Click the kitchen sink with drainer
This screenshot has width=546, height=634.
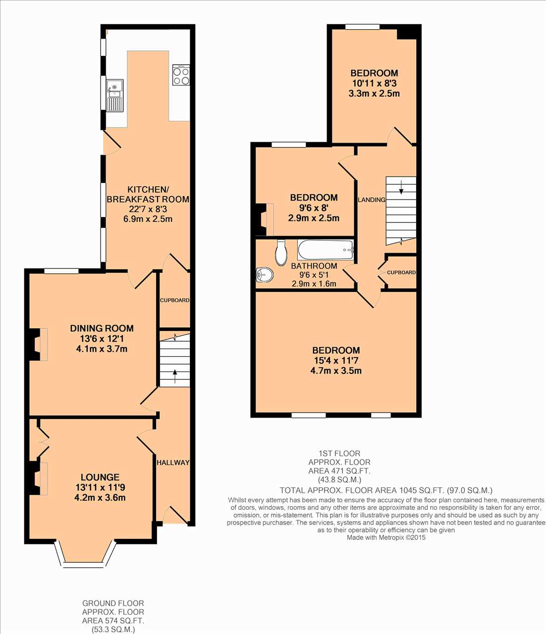[115, 96]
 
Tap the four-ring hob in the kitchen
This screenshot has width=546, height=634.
[181, 74]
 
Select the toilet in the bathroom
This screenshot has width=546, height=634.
[280, 253]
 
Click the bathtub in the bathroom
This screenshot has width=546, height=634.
[326, 249]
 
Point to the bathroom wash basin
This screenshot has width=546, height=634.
[264, 274]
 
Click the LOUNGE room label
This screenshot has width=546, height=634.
[100, 477]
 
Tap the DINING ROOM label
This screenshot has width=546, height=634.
[102, 328]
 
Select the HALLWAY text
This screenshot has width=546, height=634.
[173, 463]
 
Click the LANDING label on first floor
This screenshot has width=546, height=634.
[372, 200]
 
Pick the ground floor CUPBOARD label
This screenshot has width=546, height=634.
[174, 300]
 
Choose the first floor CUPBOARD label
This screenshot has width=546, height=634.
[401, 272]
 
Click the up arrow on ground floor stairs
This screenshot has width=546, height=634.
[175, 376]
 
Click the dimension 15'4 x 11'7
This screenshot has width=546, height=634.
[336, 361]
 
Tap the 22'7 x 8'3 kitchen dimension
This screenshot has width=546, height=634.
[148, 209]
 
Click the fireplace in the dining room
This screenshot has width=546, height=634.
[39, 344]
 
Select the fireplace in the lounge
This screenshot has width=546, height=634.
[39, 478]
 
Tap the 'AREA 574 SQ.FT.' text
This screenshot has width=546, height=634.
[113, 621]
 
